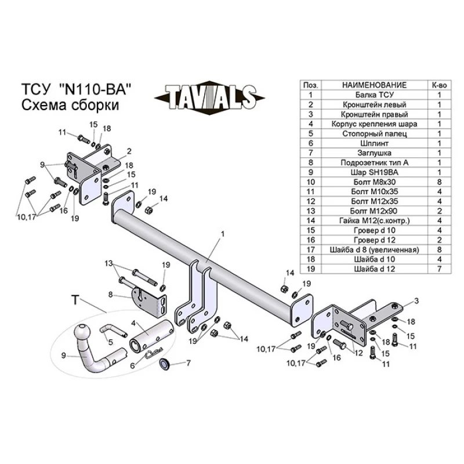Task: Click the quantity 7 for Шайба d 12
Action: click(439, 269)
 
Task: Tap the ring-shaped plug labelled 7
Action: click(164, 364)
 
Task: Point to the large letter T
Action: click(74, 300)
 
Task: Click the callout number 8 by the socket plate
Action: click(110, 294)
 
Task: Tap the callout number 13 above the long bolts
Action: click(108, 264)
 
